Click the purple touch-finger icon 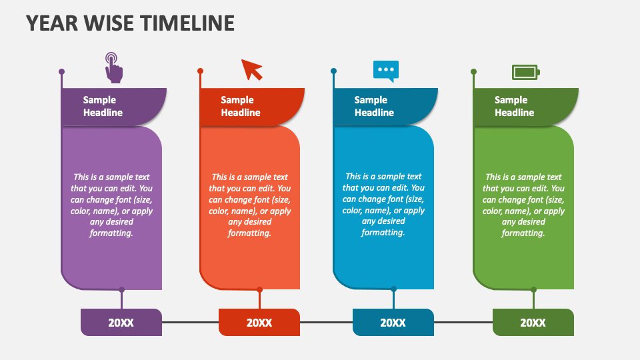[114, 68]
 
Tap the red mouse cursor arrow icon [251, 69]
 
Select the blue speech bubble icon [386, 70]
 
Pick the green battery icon [525, 71]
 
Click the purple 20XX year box [121, 323]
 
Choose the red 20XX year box [259, 323]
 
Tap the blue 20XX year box [393, 323]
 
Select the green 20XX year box [533, 323]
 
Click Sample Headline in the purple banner [103, 107]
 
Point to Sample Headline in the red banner [241, 107]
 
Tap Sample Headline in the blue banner [374, 107]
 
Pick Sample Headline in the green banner [514, 107]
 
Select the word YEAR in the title [51, 23]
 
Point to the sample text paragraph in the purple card [111, 205]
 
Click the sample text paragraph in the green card [523, 205]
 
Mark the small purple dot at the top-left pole [61, 71]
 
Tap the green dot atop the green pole [473, 71]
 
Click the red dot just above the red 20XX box [259, 289]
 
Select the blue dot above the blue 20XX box [393, 289]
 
